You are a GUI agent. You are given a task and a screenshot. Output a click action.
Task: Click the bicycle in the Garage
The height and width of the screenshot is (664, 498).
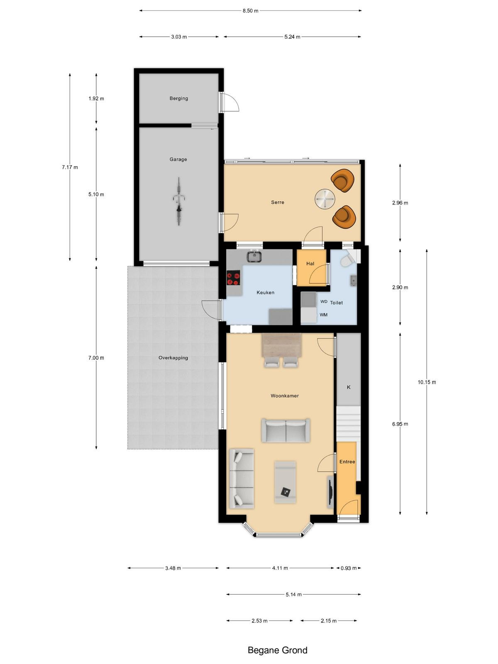click(179, 201)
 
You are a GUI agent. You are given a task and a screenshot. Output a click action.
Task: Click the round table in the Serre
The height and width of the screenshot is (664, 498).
click(325, 199)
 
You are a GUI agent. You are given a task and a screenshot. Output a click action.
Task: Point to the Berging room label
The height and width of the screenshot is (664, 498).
click(179, 98)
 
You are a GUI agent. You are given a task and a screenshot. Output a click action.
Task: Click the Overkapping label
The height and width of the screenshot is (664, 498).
click(173, 358)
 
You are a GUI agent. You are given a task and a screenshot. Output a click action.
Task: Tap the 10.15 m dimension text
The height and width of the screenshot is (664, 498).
click(427, 382)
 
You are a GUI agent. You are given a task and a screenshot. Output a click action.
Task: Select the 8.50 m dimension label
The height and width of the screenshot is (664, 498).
click(250, 11)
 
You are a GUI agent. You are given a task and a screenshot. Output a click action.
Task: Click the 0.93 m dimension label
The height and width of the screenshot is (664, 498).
click(349, 568)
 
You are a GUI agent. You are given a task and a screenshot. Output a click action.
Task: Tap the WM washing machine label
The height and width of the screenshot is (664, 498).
click(324, 315)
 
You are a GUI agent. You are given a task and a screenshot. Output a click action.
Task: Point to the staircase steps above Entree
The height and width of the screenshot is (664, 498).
click(349, 424)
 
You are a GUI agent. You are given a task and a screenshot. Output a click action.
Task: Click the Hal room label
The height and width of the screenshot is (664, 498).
click(310, 264)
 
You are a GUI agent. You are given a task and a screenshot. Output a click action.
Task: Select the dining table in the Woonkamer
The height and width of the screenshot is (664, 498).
click(282, 344)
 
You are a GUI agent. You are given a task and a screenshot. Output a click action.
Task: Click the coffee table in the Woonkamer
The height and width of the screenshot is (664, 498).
click(285, 482)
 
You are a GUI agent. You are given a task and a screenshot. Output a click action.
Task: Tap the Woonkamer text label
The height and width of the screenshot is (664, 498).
click(285, 395)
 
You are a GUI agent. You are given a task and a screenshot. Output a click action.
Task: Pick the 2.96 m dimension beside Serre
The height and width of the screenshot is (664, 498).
click(400, 203)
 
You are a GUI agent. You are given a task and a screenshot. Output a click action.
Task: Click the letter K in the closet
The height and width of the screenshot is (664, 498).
click(349, 387)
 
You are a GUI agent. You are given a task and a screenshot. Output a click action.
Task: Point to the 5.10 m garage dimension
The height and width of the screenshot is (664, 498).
click(96, 194)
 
